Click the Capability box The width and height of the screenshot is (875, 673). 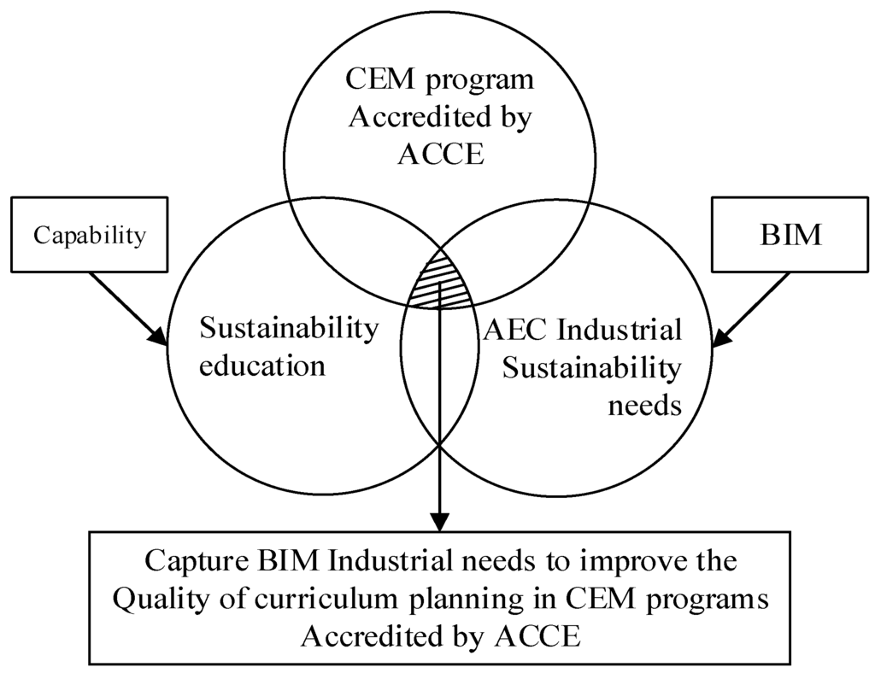point(89,235)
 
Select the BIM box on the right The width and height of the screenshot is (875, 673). point(790,235)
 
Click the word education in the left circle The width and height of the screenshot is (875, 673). point(261,366)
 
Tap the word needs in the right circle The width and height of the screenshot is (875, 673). point(644,404)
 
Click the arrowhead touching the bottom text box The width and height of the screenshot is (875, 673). point(439,523)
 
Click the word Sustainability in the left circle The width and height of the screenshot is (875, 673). point(288,329)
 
